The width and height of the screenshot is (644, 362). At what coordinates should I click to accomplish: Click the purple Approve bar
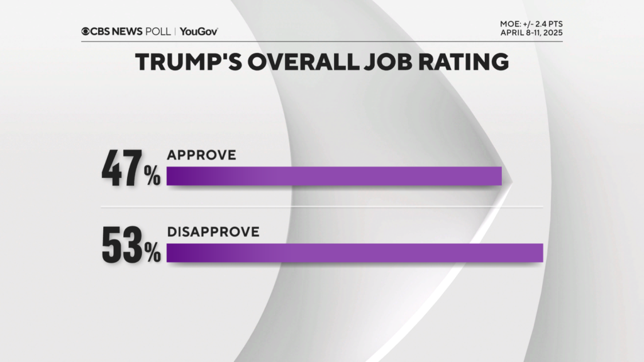pos(333,176)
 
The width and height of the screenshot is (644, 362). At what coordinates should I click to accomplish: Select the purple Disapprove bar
pos(354,252)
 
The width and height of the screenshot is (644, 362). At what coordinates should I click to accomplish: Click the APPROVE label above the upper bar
pos(201,155)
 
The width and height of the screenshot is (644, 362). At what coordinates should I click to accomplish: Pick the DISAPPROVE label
pos(213,231)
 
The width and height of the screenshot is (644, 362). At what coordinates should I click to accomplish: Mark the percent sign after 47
pos(153,177)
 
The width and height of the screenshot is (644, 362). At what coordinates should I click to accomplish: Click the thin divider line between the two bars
pos(322,207)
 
